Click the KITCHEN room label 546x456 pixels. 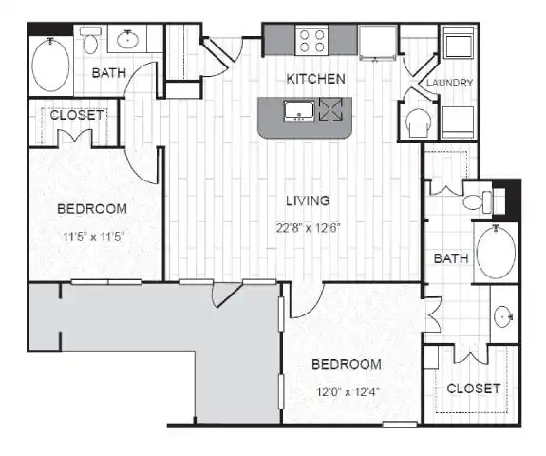315,79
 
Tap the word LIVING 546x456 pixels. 308,200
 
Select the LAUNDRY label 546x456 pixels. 449,83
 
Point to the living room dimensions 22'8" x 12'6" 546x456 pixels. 308,228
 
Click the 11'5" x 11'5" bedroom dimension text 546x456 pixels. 93,237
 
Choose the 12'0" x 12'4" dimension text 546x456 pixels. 348,392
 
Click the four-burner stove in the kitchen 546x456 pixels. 312,41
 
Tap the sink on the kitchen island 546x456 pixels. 299,111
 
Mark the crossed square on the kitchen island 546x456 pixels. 330,110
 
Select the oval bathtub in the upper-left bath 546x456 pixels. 51,66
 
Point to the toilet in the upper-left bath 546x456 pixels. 90,41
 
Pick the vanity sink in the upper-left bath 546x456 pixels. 128,39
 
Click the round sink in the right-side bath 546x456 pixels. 503,316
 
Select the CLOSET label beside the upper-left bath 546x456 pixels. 77,115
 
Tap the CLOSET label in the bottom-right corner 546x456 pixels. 474,389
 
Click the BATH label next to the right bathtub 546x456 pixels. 451,258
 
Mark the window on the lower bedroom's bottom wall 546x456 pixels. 400,424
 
